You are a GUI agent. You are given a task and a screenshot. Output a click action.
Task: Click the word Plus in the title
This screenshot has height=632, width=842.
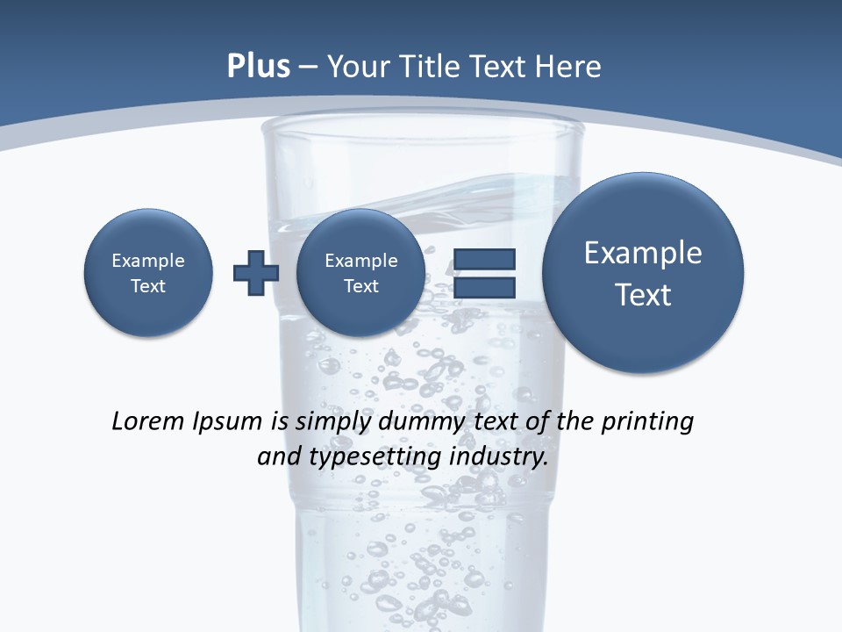[259, 67]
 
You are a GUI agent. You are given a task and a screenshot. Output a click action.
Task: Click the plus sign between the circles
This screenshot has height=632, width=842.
[256, 273]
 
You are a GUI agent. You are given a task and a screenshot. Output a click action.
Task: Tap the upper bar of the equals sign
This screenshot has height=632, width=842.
[484, 259]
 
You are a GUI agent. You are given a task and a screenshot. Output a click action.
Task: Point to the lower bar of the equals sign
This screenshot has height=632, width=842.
[484, 287]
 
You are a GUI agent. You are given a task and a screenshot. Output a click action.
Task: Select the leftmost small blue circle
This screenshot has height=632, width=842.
[148, 273]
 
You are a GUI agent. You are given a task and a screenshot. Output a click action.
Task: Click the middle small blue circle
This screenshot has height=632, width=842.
[360, 273]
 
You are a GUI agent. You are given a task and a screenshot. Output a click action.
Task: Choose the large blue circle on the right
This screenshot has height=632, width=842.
[643, 273]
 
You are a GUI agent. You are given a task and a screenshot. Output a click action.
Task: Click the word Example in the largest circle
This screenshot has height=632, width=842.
[643, 253]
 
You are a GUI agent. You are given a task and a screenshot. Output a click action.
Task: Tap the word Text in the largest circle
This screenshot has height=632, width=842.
[643, 295]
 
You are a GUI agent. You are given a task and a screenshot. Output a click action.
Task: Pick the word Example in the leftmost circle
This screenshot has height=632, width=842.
[148, 261]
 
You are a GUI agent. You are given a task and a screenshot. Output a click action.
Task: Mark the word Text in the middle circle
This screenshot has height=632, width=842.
[360, 286]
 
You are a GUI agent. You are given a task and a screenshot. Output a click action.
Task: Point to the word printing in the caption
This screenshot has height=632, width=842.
[647, 422]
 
